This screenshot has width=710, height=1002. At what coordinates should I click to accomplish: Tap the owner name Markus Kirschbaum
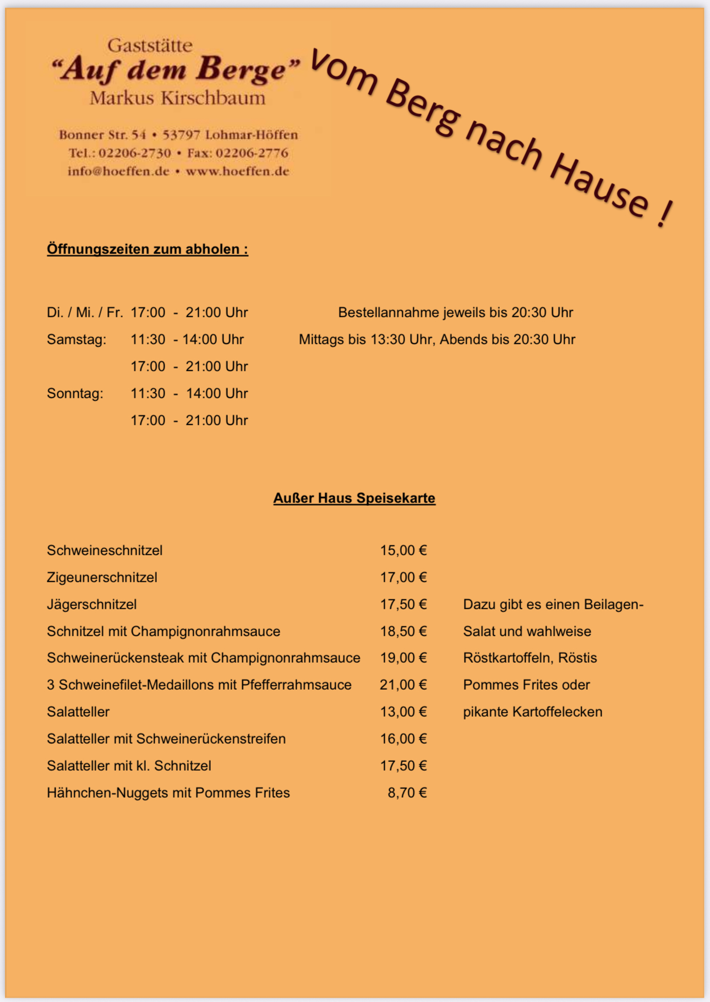point(177,99)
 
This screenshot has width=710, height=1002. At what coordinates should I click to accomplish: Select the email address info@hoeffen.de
point(118,171)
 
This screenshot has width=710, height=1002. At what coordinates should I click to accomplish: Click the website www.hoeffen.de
point(237,171)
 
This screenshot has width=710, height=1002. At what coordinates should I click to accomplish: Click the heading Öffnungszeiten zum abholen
point(147,249)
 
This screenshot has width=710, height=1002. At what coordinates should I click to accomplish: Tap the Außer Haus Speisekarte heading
point(354,498)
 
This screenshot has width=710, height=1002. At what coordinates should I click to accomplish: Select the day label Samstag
point(77,339)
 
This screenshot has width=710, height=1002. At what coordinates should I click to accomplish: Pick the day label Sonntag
point(75,393)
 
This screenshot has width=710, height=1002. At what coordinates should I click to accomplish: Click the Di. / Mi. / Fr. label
point(85,312)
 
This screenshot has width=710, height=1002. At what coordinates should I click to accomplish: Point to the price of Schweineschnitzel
point(403,550)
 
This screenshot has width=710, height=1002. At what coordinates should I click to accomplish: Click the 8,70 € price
point(407,793)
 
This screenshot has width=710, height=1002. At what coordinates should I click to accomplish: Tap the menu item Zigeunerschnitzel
point(102,577)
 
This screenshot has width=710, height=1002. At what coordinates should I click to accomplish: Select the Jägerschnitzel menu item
point(92,604)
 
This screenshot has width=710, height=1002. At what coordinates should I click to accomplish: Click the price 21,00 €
point(403,685)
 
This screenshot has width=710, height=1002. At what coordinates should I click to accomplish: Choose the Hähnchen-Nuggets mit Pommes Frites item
point(168,793)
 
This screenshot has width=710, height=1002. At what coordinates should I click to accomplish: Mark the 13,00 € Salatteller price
point(403,712)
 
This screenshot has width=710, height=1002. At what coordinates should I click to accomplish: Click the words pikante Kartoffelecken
point(532,712)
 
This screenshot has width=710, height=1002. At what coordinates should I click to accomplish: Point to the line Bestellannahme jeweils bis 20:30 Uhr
point(455,312)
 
